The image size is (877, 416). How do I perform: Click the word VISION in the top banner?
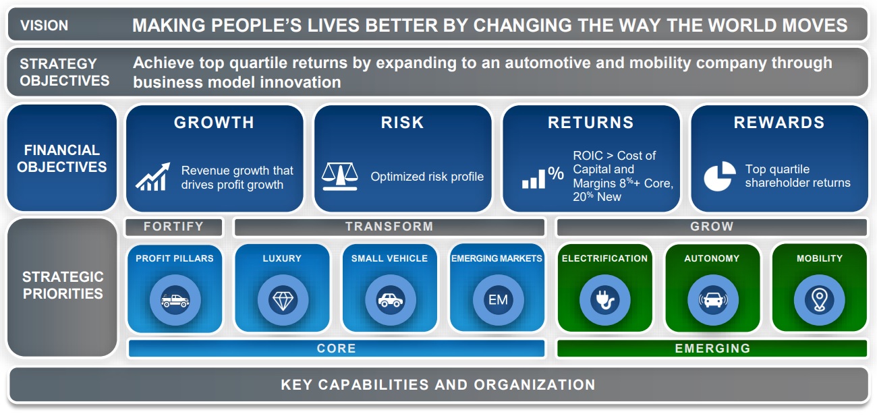pyautogui.click(x=45, y=26)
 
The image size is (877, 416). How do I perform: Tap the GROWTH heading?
pyautogui.click(x=214, y=123)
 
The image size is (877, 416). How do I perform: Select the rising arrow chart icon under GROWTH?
pyautogui.click(x=153, y=177)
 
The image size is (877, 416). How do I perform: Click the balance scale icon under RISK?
pyautogui.click(x=340, y=177)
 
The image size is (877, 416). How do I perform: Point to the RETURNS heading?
pyautogui.click(x=591, y=123)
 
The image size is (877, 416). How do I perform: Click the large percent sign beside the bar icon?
pyautogui.click(x=556, y=173)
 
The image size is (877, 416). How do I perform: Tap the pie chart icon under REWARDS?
pyautogui.click(x=720, y=176)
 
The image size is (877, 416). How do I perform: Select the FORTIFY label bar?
pyautogui.click(x=173, y=227)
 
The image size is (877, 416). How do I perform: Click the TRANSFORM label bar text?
pyautogui.click(x=389, y=227)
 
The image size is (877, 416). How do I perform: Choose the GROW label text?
pyautogui.click(x=712, y=227)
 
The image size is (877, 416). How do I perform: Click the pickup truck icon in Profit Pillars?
pyautogui.click(x=175, y=300)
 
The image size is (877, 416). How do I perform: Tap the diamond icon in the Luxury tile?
pyautogui.click(x=283, y=300)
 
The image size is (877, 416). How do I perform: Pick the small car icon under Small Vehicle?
pyautogui.click(x=391, y=300)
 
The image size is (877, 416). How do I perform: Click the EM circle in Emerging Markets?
pyautogui.click(x=498, y=300)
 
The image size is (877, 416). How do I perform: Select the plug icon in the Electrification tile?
pyautogui.click(x=605, y=300)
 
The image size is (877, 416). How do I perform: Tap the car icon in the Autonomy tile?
pyautogui.click(x=713, y=300)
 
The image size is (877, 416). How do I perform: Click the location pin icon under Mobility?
pyautogui.click(x=819, y=300)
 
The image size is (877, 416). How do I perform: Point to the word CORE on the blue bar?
pyautogui.click(x=337, y=349)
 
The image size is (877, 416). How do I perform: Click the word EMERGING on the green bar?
pyautogui.click(x=712, y=349)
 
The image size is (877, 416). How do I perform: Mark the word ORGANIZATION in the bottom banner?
pyautogui.click(x=534, y=385)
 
